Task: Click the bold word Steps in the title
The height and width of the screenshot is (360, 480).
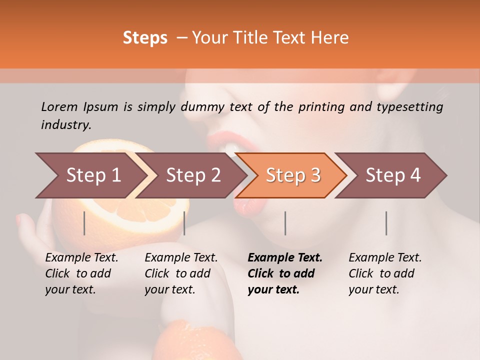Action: click(145, 38)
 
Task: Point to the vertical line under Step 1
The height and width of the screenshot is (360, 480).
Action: click(84, 223)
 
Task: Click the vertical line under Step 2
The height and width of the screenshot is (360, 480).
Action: click(184, 223)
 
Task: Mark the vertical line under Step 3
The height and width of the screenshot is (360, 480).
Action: click(285, 223)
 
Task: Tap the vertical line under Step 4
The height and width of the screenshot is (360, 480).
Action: click(386, 223)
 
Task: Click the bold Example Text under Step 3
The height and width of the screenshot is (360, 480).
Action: click(285, 258)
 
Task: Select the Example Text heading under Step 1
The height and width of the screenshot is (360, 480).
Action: click(81, 258)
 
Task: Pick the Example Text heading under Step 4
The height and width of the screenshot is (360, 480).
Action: click(385, 258)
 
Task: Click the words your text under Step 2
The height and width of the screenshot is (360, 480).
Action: click(169, 289)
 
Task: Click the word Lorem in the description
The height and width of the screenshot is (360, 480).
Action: click(59, 106)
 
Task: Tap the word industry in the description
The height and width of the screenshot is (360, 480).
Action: click(66, 124)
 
